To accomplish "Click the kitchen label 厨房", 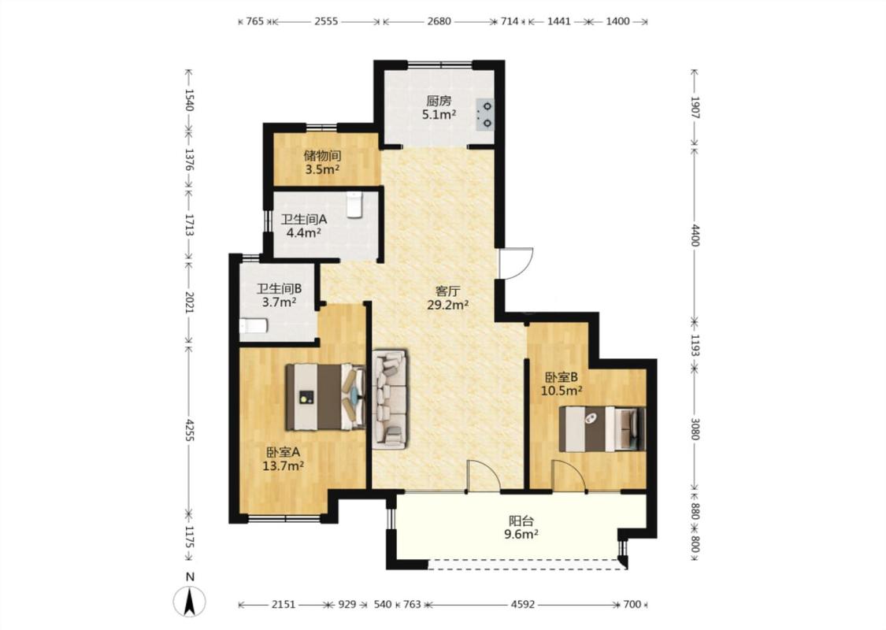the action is point(439,101).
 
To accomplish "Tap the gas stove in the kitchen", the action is point(485,115).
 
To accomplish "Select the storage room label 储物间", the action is point(322,155).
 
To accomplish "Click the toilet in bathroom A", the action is point(354,205).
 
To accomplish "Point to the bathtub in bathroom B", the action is point(253,326).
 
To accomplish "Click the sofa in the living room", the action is point(389,399).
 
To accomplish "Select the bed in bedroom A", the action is point(325,397).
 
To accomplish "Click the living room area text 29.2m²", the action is point(448,305).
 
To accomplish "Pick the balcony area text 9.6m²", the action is point(521,533).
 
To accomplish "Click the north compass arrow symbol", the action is point(191,601).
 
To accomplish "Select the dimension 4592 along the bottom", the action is point(523,605).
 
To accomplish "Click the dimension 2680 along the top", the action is point(439,21).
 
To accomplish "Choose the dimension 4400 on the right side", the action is point(695,235).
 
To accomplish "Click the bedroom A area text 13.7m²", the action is point(284,466).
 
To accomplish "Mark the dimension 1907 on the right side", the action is point(695,107).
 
